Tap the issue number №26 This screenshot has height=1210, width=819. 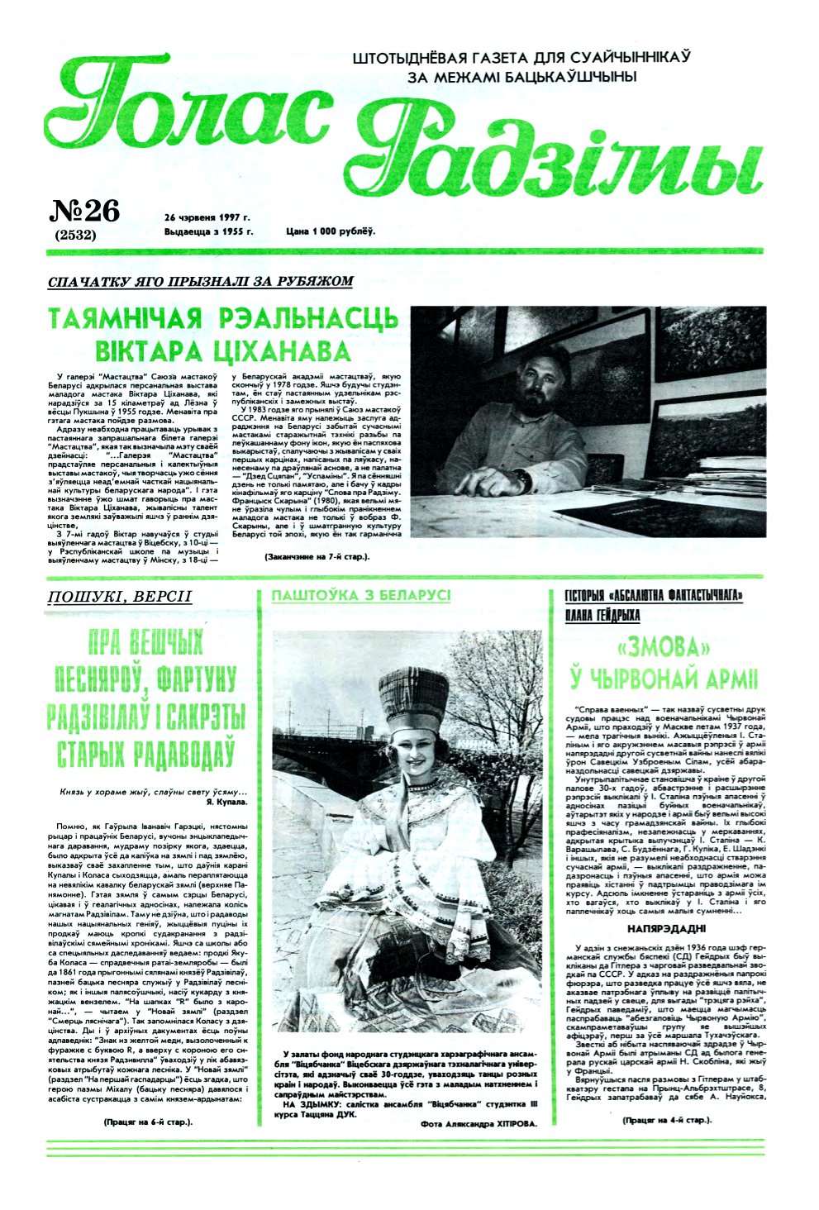pos(85,212)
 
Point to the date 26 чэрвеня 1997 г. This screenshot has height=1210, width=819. pos(207,217)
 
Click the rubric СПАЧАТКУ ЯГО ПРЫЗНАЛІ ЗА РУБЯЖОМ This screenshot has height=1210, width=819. pos(201,282)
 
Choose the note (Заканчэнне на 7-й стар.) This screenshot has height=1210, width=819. pos(317,557)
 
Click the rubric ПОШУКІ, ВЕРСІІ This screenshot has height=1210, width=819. pos(120,597)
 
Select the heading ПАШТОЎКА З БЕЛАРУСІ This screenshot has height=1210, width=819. pos(361,596)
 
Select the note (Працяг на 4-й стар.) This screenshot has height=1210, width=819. pos(668,1120)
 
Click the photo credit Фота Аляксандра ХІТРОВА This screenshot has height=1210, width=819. pos(479,1124)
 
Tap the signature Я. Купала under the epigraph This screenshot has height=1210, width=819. pos(226,802)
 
